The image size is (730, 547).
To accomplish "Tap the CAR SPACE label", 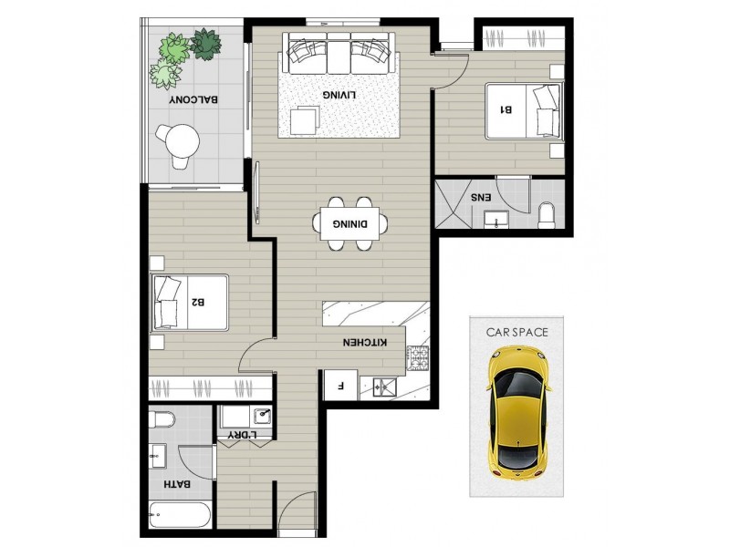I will (x=516, y=333).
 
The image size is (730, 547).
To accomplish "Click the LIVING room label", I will (x=338, y=95).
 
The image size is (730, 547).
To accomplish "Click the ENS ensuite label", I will (x=480, y=197).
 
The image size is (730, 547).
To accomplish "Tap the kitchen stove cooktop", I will (x=417, y=360).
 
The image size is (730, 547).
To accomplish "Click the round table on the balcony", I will (x=180, y=139).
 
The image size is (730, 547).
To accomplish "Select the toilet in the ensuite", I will (x=547, y=214).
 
